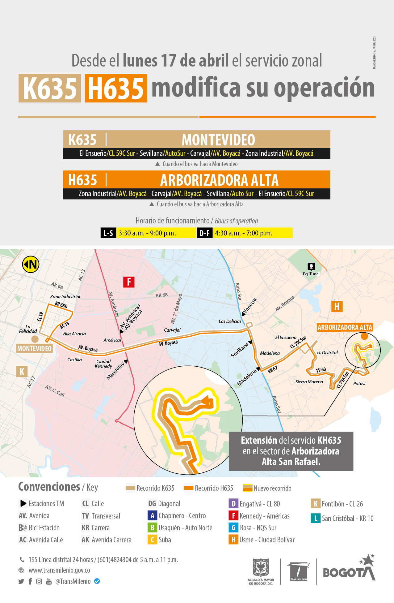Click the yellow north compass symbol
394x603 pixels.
pyautogui.click(x=31, y=264)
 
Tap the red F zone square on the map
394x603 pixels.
pyautogui.click(x=129, y=282)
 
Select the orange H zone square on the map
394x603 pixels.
pyautogui.click(x=337, y=306)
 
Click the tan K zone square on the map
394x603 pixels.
pyautogui.click(x=22, y=371)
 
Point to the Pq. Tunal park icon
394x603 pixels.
pyautogui.click(x=311, y=266)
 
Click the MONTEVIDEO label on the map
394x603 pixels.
pyautogui.click(x=34, y=348)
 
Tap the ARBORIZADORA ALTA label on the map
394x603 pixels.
pyautogui.click(x=345, y=327)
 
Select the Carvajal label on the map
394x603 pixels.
pyautogui.click(x=172, y=330)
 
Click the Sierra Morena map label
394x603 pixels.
pyautogui.click(x=309, y=382)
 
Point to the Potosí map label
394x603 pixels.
pyautogui.click(x=359, y=384)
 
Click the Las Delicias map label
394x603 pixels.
pyautogui.click(x=230, y=321)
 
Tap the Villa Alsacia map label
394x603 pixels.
pyautogui.click(x=74, y=334)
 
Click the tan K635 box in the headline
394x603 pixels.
pyautogui.click(x=50, y=88)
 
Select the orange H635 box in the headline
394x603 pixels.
pyautogui.click(x=116, y=88)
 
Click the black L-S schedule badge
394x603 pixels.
pyautogui.click(x=108, y=233)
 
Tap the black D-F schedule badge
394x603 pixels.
pyautogui.click(x=204, y=233)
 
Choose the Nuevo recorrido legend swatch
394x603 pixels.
pyautogui.click(x=248, y=488)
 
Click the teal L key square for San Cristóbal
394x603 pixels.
pyautogui.click(x=316, y=518)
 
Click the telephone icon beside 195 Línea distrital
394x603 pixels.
pyautogui.click(x=22, y=560)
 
